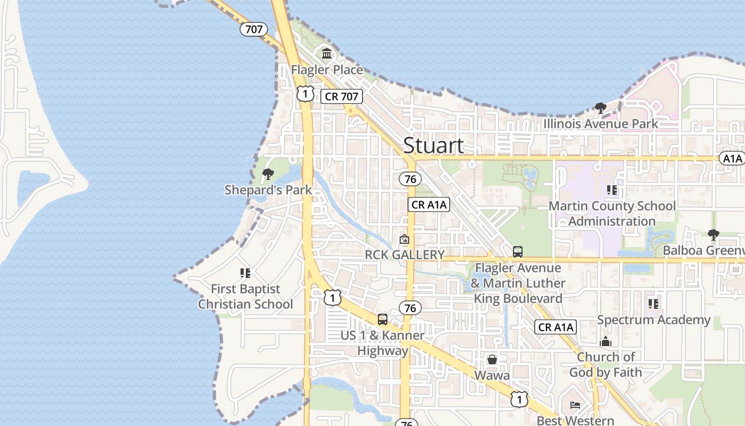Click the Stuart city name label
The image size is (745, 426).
(433, 145)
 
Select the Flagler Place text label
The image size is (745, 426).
(327, 70)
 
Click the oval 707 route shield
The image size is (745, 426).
(254, 29)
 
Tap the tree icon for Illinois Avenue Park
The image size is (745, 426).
(601, 109)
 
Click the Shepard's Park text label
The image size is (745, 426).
(268, 190)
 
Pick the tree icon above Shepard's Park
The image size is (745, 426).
(268, 174)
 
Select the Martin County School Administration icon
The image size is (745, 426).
(612, 190)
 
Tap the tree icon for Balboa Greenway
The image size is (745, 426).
(713, 234)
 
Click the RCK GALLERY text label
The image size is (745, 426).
(404, 255)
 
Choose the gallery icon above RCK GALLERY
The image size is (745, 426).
(404, 240)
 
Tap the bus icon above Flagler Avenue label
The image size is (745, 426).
(518, 251)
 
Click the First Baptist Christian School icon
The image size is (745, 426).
(245, 273)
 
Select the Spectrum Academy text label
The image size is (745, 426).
(653, 320)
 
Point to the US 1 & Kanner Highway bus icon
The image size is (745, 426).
(383, 319)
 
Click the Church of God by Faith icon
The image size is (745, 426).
(606, 341)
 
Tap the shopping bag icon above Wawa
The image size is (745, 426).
(492, 359)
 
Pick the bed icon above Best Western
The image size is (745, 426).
(575, 405)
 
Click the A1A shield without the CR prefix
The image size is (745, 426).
(732, 158)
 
